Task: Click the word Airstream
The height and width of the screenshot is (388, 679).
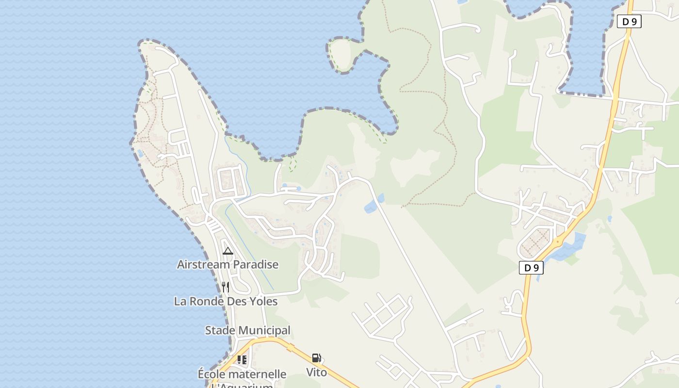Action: coord(200,265)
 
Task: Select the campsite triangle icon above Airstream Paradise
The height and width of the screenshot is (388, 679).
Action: coord(227,251)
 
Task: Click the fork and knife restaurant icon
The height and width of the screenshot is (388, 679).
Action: coord(225,287)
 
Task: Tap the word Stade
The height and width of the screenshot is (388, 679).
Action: coord(220,331)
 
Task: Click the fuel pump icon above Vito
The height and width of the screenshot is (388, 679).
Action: coord(316,358)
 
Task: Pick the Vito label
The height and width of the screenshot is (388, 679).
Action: coord(316,372)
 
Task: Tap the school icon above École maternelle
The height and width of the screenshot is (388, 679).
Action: coord(242,360)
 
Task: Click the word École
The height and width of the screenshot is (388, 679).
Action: coord(212,374)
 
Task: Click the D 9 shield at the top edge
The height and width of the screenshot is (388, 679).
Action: coord(629,21)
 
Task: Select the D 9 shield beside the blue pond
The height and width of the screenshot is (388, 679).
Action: coord(531,268)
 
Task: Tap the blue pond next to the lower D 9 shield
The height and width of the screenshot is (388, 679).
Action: coord(567,248)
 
